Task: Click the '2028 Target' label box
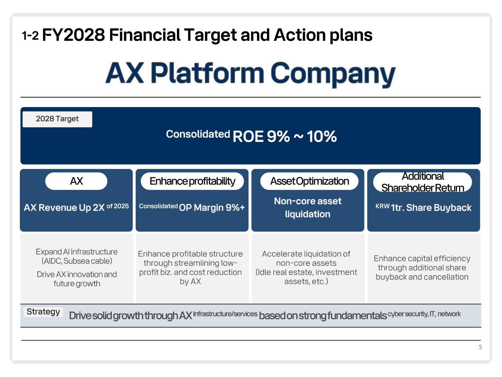57,119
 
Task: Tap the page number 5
480,347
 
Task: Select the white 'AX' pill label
76,181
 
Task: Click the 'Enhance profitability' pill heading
192,181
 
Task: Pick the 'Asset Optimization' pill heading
309,181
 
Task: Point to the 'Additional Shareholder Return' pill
423,182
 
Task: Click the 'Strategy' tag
43,312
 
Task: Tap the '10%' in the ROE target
321,137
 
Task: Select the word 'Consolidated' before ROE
198,134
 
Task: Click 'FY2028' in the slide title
74,35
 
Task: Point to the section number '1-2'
30,36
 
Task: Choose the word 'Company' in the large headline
333,74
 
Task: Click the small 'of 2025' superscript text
118,206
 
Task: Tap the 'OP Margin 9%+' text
212,208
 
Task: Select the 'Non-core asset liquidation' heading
307,208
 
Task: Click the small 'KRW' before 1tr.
382,206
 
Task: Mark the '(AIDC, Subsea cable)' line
77,261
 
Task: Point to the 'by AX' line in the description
190,281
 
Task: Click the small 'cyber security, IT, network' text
424,314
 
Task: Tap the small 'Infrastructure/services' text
225,314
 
